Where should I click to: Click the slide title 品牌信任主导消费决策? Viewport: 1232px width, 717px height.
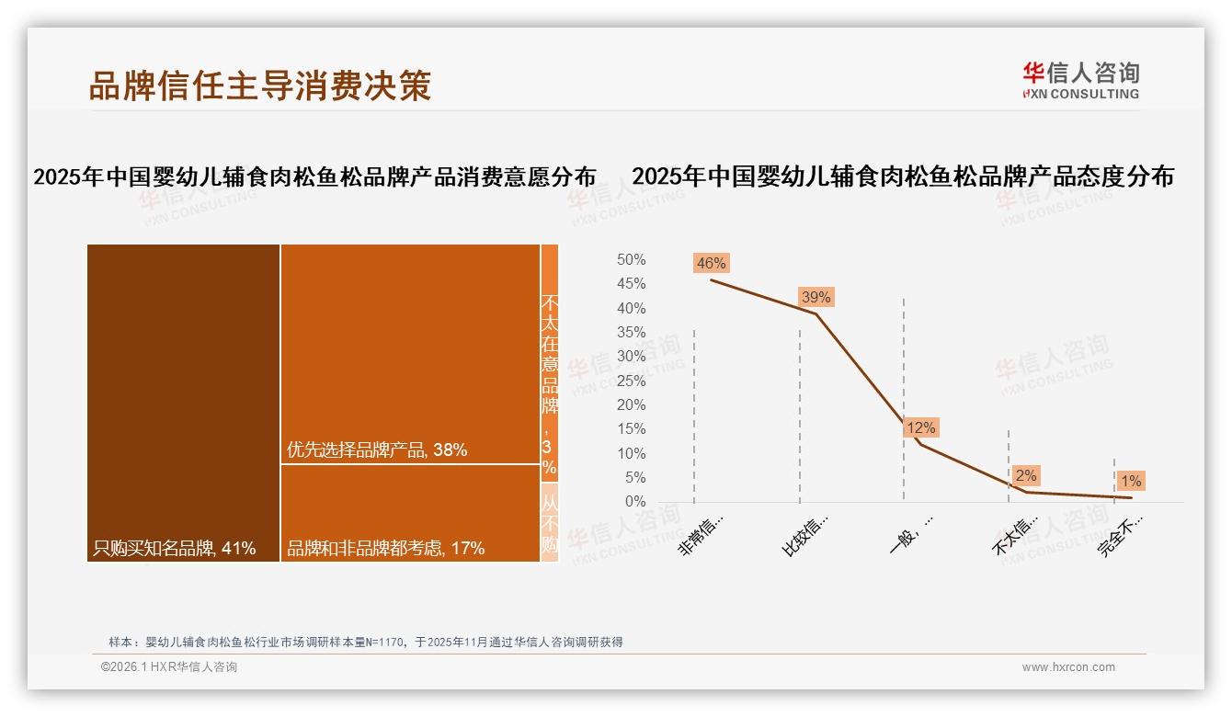click(x=260, y=86)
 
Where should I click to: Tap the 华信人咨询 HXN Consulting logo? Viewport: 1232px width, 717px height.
click(x=1080, y=80)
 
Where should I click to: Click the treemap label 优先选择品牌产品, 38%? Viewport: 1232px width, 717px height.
click(x=377, y=450)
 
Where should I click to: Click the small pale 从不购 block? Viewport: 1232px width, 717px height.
click(x=549, y=522)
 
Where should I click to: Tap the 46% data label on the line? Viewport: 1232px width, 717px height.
click(x=712, y=264)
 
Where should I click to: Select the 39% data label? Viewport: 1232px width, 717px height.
click(x=816, y=297)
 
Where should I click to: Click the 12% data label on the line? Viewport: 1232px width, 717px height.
click(x=920, y=427)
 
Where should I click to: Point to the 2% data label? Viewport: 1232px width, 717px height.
click(x=1026, y=475)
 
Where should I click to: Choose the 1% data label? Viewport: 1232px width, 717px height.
click(x=1131, y=481)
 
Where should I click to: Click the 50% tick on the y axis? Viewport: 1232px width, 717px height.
click(x=631, y=260)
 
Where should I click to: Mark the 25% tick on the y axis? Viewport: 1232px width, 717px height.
click(x=631, y=381)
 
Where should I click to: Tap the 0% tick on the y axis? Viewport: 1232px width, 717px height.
click(x=635, y=502)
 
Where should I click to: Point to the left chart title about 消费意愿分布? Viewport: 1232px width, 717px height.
click(x=314, y=176)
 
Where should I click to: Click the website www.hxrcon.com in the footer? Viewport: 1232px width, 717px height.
click(x=1068, y=667)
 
